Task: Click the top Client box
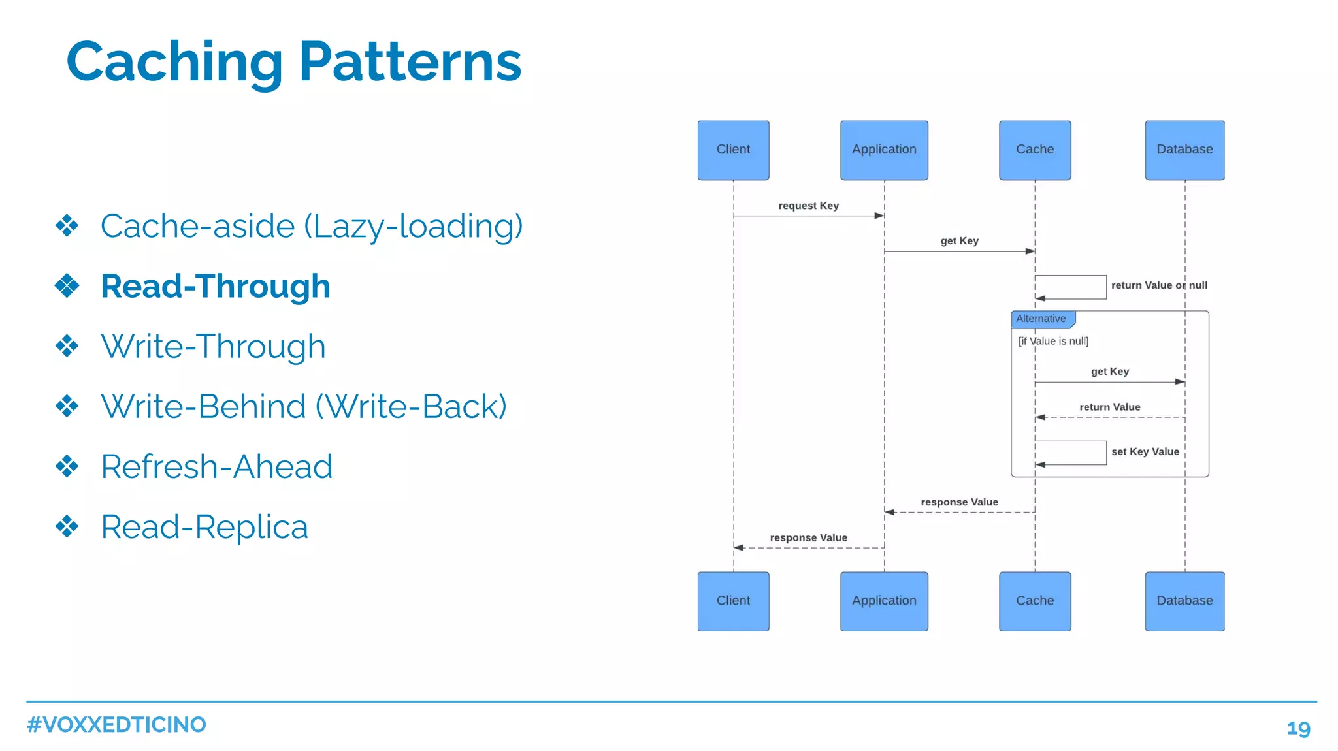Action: coord(733,150)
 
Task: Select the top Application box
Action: coord(884,150)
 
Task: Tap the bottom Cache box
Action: coord(1035,601)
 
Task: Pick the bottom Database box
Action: coord(1184,601)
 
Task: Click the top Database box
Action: coord(1184,150)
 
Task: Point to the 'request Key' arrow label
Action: coord(808,206)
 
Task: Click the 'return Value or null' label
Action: coord(1159,285)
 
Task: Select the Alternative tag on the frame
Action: coord(1041,319)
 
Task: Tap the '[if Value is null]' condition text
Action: coord(1053,341)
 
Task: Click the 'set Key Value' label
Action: coord(1145,452)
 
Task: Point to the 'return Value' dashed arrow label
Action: coord(1109,407)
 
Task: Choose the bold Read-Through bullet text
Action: coord(216,286)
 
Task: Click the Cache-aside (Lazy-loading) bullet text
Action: coord(312,226)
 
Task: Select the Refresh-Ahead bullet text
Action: coord(216,466)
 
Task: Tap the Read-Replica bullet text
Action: coord(204,526)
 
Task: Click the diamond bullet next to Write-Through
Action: coord(67,346)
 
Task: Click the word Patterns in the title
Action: coord(410,62)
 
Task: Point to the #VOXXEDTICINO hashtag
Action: coord(116,725)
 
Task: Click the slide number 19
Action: coord(1298,728)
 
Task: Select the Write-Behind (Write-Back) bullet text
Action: coord(304,406)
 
